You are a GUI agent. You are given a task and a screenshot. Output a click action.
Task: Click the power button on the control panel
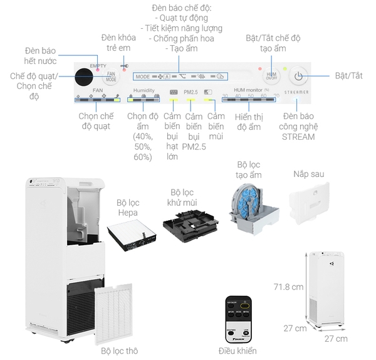(300, 77)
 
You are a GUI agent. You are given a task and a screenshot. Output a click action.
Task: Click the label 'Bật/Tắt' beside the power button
(348, 76)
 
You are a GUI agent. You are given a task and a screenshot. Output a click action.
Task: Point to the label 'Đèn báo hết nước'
(41, 55)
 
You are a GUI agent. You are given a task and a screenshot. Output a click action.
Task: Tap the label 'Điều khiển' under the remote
(238, 351)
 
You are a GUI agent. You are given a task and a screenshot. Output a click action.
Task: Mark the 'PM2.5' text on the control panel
(191, 92)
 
